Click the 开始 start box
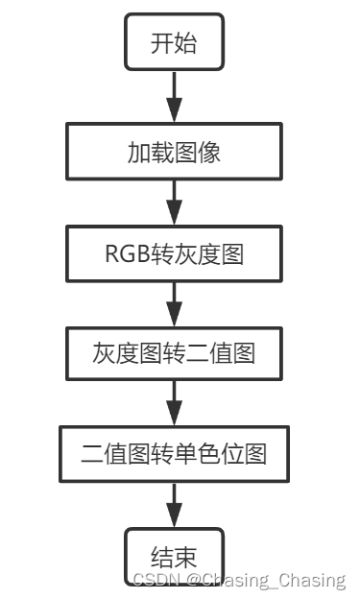(175, 43)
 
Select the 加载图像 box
(175, 152)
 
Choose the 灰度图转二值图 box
(175, 353)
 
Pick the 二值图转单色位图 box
(175, 454)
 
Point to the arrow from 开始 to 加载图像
(175, 97)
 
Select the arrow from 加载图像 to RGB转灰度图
(175, 202)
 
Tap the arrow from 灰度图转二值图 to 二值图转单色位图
(175, 403)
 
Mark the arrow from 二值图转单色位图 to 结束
(175, 505)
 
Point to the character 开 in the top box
(162, 43)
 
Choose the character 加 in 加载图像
(138, 152)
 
